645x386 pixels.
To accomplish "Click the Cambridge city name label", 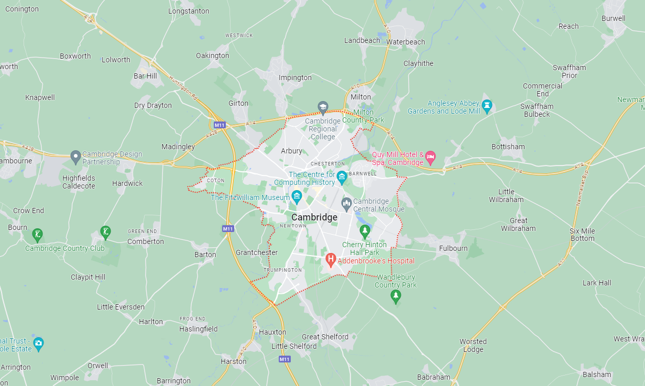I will tap(314, 217).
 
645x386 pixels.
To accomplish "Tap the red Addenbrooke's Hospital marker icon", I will tap(331, 259).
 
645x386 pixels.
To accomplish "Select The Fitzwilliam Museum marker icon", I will tap(297, 197).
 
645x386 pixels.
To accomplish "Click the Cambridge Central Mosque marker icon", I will tap(346, 203).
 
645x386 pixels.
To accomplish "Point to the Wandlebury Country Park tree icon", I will tap(396, 296).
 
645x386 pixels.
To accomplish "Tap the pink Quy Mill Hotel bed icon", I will tap(430, 157).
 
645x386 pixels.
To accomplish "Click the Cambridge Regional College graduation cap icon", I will tap(323, 107).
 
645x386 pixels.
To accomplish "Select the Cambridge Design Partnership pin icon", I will tap(75, 156).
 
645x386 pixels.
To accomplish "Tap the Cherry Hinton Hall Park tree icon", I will tap(365, 230).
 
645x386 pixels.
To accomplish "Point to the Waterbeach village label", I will tap(406, 42).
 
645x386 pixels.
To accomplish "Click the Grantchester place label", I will tap(257, 252).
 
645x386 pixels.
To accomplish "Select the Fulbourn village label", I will tap(453, 248).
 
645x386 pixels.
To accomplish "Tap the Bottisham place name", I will tap(508, 147).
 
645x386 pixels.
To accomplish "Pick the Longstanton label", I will tap(189, 11).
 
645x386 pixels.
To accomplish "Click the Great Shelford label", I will tap(325, 337).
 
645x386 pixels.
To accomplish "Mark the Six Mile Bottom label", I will tap(582, 235).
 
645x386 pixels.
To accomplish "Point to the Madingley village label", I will tap(178, 147).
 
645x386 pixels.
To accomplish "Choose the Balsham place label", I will tap(597, 374).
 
